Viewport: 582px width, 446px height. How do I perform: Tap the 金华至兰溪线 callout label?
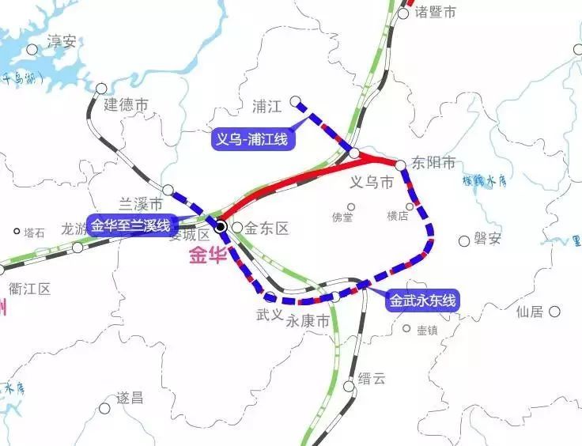click(130, 225)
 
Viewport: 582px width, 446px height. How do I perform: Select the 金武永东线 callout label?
click(422, 300)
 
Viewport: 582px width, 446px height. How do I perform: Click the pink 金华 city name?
click(208, 255)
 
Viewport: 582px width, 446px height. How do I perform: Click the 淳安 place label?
click(62, 41)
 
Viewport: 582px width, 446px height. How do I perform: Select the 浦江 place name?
click(268, 105)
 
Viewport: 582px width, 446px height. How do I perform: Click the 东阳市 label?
click(435, 163)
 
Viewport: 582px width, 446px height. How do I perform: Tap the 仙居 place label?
click(530, 312)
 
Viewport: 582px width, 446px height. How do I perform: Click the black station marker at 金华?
click(221, 227)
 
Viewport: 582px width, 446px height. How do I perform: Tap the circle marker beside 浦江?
click(296, 101)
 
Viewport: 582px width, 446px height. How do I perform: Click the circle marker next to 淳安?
click(32, 49)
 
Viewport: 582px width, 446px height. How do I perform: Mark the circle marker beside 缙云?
click(350, 386)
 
